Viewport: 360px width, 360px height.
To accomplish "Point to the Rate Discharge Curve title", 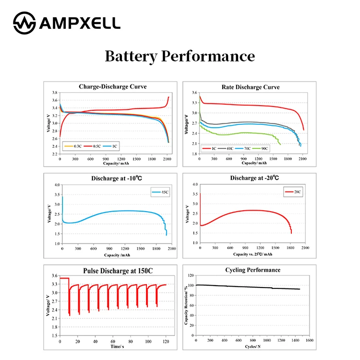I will point(250,87).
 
